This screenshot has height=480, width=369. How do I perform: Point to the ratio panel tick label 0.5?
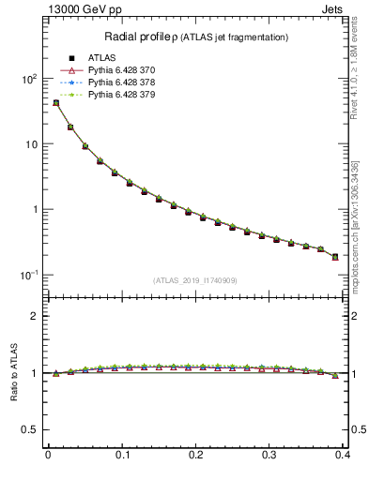tap(27, 430)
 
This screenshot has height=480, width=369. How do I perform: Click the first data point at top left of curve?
tap(55, 103)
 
